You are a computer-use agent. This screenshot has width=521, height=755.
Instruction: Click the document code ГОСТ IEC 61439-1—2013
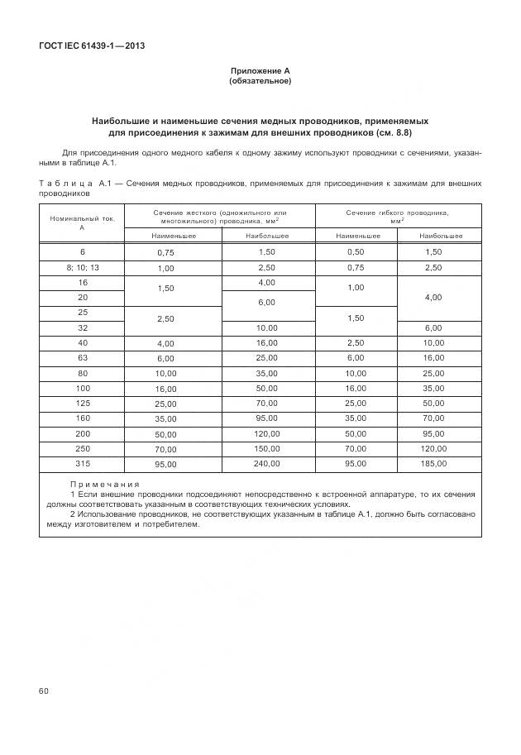92,45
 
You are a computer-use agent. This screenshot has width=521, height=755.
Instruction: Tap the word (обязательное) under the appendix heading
260,81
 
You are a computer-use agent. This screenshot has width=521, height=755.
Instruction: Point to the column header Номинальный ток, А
82,222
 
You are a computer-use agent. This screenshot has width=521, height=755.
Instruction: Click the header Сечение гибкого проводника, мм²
397,217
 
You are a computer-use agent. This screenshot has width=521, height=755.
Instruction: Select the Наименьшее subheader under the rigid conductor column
173,236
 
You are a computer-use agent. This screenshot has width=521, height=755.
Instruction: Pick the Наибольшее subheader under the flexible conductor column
440,236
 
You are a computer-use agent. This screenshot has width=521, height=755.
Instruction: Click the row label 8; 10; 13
82,268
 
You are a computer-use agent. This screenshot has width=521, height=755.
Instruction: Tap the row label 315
82,463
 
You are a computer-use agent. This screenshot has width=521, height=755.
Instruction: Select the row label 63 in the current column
82,358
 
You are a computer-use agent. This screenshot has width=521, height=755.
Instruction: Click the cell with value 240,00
268,463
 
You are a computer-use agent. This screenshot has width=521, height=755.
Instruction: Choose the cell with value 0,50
356,251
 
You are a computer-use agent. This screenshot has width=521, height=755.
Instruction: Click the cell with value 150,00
268,448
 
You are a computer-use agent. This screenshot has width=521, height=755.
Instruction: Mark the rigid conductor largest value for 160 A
268,418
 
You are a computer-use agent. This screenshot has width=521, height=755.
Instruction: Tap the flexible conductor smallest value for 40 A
356,342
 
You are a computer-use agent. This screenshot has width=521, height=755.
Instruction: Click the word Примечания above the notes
104,483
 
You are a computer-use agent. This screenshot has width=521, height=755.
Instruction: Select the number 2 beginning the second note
73,514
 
